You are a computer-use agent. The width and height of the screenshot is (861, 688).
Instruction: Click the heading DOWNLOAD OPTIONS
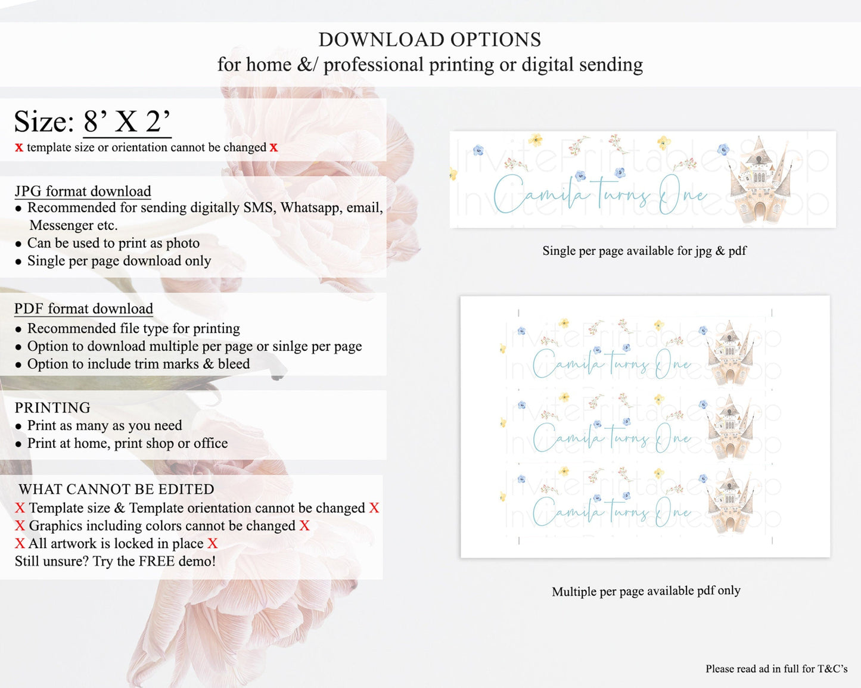[x=430, y=39]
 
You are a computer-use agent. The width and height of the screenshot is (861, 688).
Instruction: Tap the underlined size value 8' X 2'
[x=128, y=121]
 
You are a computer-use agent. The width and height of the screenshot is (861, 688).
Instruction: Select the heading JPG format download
[x=83, y=191]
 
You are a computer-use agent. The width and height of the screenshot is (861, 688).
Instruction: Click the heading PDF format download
[x=83, y=309]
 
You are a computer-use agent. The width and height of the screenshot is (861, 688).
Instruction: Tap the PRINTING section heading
[x=52, y=407]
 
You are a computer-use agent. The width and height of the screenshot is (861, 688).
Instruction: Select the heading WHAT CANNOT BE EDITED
[x=116, y=489]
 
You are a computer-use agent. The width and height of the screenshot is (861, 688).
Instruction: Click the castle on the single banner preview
[x=759, y=179]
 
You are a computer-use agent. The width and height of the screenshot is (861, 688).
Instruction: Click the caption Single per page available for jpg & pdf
[x=644, y=251]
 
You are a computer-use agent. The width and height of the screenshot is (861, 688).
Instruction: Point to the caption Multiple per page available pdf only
[x=646, y=591]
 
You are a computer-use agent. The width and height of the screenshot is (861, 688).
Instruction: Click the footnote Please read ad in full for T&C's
[x=776, y=668]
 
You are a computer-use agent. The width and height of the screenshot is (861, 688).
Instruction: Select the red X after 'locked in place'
[x=213, y=543]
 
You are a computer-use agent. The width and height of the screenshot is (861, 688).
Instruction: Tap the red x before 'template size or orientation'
[x=19, y=148]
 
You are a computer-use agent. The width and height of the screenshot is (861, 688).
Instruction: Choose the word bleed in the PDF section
[x=234, y=364]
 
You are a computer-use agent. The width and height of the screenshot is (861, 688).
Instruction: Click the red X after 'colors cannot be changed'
[x=304, y=525]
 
